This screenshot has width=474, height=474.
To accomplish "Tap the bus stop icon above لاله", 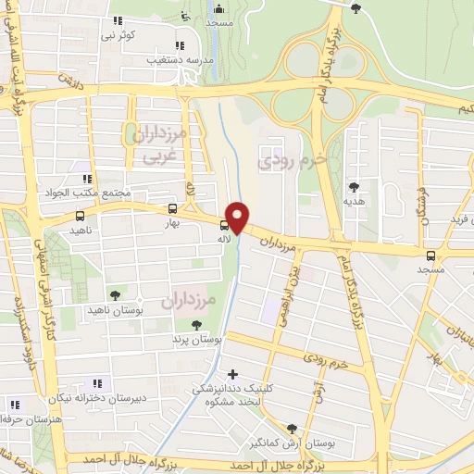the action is pyautogui.click(x=223, y=225).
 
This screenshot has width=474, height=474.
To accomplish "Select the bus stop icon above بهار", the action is pyautogui.click(x=172, y=209).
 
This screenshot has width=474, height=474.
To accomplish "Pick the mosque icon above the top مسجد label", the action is pyautogui.click(x=184, y=12).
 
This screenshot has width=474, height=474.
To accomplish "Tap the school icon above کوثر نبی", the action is pyautogui.click(x=117, y=20).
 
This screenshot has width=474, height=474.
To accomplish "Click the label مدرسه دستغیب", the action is pyautogui.click(x=181, y=58).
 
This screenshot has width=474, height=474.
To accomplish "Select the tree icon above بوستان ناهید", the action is pyautogui.click(x=115, y=294).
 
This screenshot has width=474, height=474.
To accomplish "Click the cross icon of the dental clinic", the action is pyautogui.click(x=232, y=373).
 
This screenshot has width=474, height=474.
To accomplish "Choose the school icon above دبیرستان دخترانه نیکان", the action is pyautogui.click(x=96, y=383).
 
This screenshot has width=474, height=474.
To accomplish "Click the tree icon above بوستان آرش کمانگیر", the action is pyautogui.click(x=293, y=428).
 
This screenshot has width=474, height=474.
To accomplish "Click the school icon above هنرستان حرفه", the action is pyautogui.click(x=13, y=404).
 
